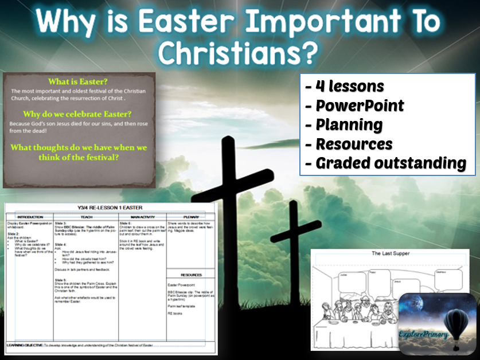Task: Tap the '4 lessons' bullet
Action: [x=344, y=87]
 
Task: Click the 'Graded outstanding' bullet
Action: [x=385, y=163]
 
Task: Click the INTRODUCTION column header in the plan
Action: [x=30, y=217]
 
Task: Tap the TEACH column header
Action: [x=86, y=217]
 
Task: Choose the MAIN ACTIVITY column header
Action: [x=140, y=217]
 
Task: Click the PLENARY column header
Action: [x=190, y=217]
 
